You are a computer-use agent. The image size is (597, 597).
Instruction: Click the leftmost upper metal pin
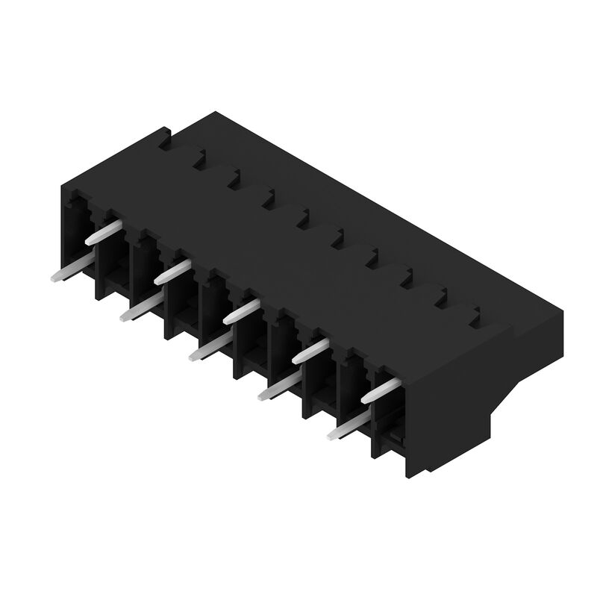point(103,231)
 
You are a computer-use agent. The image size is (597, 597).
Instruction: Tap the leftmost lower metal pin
point(71,270)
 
